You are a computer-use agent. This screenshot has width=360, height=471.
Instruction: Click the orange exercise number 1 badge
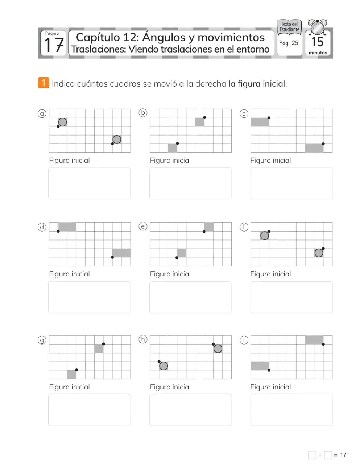[x=44, y=83]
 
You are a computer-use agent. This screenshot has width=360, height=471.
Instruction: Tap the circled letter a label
[x=42, y=113]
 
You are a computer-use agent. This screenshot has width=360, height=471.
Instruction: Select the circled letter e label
[x=143, y=226]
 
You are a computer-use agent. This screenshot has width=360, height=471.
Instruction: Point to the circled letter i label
[x=244, y=340]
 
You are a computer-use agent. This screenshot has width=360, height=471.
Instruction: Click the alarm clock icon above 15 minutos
[x=318, y=27]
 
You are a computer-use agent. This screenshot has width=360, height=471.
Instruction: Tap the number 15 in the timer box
[x=317, y=42]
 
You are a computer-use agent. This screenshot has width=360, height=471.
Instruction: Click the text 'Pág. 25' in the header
[x=289, y=43]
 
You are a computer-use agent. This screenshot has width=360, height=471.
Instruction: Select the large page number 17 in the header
[x=54, y=45]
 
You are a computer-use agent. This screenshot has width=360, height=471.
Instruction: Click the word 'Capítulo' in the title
[x=98, y=38]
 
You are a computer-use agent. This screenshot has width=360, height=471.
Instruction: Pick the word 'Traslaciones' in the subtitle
[x=99, y=49]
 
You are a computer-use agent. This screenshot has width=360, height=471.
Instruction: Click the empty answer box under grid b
[x=190, y=183]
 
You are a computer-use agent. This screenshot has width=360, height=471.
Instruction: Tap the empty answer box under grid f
[x=291, y=297]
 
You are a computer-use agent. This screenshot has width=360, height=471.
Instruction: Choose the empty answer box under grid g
[x=89, y=410]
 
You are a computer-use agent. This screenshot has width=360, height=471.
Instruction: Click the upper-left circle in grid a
[x=62, y=122]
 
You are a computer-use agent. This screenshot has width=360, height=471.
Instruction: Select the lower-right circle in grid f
[x=319, y=253]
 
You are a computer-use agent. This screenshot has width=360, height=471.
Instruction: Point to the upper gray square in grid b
[x=200, y=122]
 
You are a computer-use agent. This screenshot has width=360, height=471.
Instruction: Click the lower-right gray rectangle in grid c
[x=314, y=148]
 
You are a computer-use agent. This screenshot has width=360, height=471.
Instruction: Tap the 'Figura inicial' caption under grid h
[x=170, y=387]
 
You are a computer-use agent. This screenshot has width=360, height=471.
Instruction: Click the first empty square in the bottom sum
[x=312, y=455]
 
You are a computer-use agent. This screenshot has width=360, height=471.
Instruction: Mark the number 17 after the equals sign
[x=343, y=455]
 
